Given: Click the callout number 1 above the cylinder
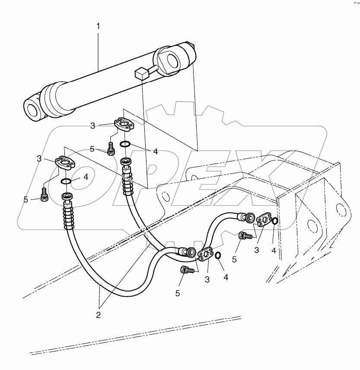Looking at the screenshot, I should pyautogui.click(x=98, y=26).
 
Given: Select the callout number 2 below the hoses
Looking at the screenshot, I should pyautogui.click(x=98, y=314).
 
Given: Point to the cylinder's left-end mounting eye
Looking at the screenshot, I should pyautogui.click(x=33, y=108).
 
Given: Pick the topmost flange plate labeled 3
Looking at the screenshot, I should pyautogui.click(x=124, y=125).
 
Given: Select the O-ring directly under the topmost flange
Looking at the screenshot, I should pyautogui.click(x=124, y=144).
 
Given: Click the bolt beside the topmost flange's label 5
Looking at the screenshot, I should pyautogui.click(x=111, y=149).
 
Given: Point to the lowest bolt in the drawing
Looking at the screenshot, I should pyautogui.click(x=185, y=270).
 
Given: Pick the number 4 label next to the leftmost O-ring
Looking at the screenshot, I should pyautogui.click(x=86, y=177).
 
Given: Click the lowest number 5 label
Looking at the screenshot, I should pyautogui.click(x=178, y=294).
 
